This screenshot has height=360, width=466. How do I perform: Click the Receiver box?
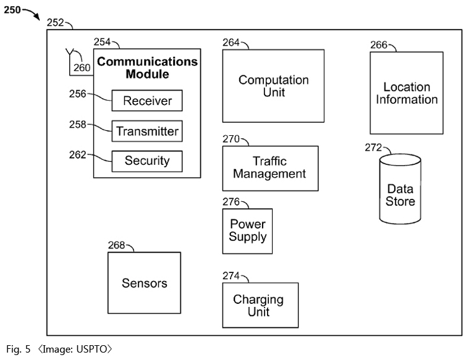click(x=147, y=101)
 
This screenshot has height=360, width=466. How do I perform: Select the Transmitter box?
click(x=147, y=131)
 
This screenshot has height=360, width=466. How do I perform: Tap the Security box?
click(x=147, y=161)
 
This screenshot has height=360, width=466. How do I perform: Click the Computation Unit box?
click(x=273, y=86)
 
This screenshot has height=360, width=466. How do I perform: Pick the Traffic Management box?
click(x=271, y=168)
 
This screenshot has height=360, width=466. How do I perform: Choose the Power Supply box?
click(x=248, y=231)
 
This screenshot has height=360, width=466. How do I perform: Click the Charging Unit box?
click(x=260, y=305)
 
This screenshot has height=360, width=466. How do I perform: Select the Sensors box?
click(x=144, y=283)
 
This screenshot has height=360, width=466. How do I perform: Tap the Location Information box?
click(x=407, y=93)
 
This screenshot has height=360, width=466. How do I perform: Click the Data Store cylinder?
click(x=400, y=189)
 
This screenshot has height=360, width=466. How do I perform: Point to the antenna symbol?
click(x=70, y=52)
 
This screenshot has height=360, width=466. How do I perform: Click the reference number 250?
click(x=12, y=10)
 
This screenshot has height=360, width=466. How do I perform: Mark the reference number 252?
click(x=55, y=23)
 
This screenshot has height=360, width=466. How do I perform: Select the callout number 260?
click(x=82, y=68)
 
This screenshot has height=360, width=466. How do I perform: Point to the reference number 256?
click(x=78, y=94)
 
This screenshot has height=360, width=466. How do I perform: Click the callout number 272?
click(x=373, y=148)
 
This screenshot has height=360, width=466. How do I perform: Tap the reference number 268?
click(x=116, y=245)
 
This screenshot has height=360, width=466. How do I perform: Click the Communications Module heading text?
click(x=148, y=68)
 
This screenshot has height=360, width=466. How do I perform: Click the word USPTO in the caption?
click(x=91, y=349)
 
